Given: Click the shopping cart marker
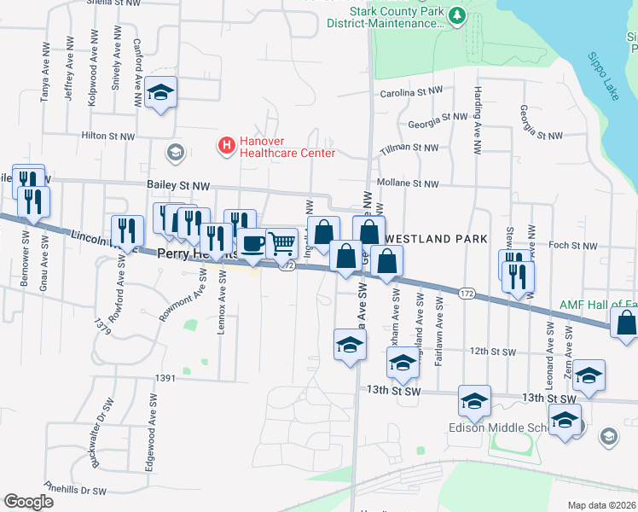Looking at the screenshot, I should (x=281, y=243).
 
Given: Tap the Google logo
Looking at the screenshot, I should (x=28, y=502).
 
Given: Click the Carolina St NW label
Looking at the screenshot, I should (x=412, y=91).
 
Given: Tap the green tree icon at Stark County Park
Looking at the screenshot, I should (x=458, y=15).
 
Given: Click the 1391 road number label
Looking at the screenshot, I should (x=165, y=377).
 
